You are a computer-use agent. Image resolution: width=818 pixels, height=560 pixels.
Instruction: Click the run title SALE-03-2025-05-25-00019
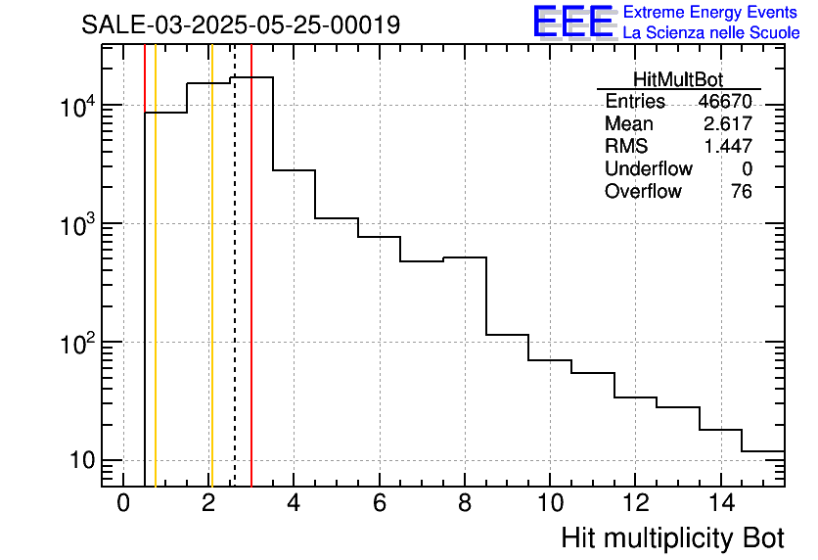pos(241,24)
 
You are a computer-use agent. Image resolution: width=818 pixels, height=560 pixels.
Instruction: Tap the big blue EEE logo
pos(572,23)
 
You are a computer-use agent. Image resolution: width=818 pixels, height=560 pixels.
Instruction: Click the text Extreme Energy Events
pos(711,13)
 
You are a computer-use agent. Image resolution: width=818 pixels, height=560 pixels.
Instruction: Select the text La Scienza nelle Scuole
pos(711,33)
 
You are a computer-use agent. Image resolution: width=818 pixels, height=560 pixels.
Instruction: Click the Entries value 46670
pos(724,102)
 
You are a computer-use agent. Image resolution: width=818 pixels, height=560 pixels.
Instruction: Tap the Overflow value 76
pos(741,192)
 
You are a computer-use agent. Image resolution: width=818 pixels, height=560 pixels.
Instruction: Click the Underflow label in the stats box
pos(648,169)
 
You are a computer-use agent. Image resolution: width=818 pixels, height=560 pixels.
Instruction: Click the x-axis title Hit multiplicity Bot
pos(672,537)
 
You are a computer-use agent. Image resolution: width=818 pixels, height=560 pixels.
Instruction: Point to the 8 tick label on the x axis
pos(465,503)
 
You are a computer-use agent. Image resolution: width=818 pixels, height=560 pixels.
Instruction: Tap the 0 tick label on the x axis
pos(123,503)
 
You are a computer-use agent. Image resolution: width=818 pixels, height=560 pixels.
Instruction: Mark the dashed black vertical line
pos(235,294)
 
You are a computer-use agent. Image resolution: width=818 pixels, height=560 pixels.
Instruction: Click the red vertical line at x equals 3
pos(251,294)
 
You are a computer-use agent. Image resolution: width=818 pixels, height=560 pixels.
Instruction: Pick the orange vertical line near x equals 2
pos(211,294)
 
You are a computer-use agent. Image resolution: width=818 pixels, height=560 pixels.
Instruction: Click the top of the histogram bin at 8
pos(465,257)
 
